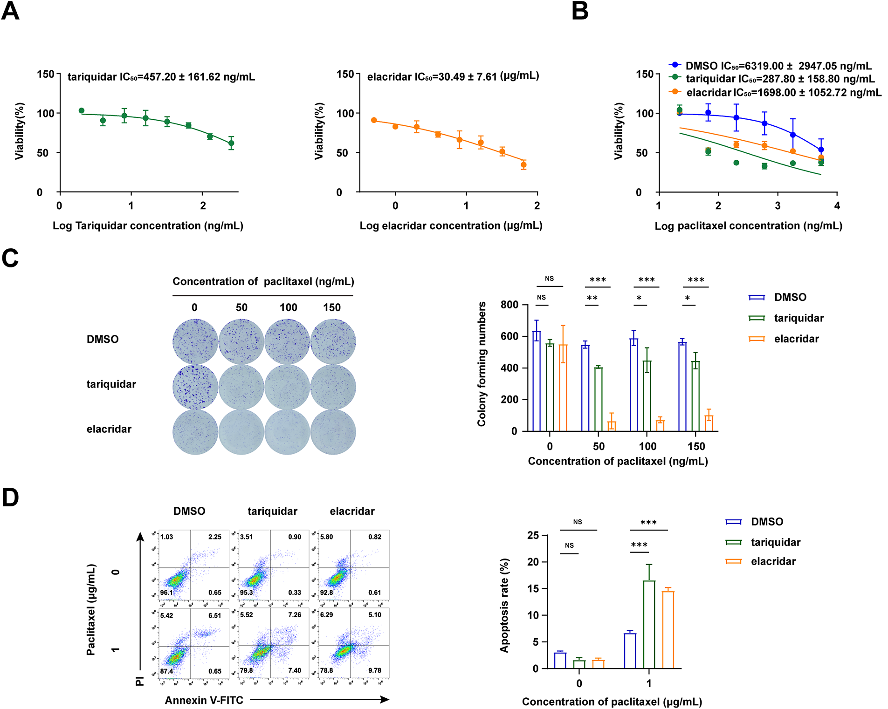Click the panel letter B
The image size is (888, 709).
(x=580, y=11)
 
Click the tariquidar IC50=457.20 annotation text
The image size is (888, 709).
(x=161, y=77)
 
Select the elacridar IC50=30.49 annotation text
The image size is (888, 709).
(x=453, y=76)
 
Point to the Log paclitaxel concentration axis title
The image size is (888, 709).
(x=748, y=226)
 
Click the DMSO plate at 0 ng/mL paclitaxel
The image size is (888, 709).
(x=195, y=341)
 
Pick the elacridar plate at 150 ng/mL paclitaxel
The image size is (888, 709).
(x=333, y=431)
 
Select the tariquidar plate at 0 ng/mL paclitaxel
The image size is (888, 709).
(x=195, y=387)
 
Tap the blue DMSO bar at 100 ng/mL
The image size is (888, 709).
(x=633, y=384)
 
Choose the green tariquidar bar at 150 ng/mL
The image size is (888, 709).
(x=695, y=396)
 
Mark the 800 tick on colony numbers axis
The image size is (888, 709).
(x=509, y=305)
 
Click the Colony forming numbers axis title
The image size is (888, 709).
(x=482, y=364)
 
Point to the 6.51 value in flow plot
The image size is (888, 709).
(x=214, y=615)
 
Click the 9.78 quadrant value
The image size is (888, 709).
(x=374, y=670)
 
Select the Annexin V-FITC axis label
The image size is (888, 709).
(x=204, y=700)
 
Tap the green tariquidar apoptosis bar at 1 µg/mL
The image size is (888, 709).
(x=649, y=624)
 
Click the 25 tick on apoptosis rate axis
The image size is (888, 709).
(x=533, y=535)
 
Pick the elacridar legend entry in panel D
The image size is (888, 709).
(x=773, y=561)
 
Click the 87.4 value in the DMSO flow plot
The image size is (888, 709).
(x=166, y=671)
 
